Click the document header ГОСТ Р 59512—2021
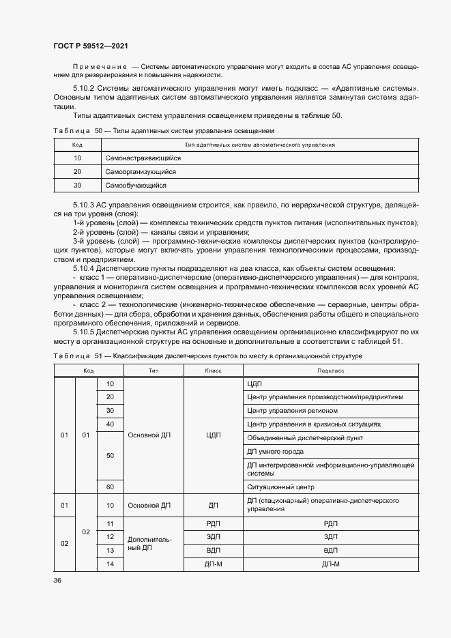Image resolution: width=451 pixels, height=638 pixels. coord(91,46)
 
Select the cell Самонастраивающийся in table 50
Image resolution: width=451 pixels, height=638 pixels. coord(137,158)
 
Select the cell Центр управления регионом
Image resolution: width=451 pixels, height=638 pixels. coord(292,410)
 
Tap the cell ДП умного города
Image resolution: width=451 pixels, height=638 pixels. coord(275,452)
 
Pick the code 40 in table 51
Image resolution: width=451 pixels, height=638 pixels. coord(110,424)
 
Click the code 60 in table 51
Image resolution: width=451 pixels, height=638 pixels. coord(110,487)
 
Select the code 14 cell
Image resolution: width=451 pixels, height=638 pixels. coord(110,564)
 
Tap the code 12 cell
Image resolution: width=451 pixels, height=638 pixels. coord(110,536)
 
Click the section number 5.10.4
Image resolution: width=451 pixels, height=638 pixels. coord(86,269)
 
